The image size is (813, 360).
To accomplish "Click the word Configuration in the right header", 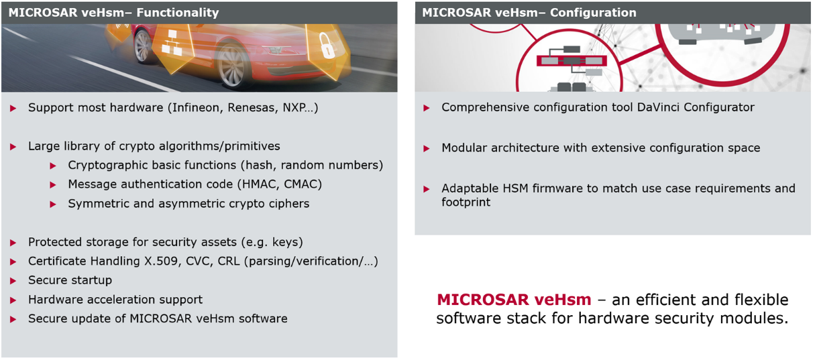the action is point(593,13).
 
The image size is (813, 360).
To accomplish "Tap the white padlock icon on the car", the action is point(327,46).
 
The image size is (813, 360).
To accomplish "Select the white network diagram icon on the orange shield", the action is point(171,43).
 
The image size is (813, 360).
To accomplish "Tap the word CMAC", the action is point(300,184).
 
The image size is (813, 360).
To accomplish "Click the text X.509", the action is point(162,261).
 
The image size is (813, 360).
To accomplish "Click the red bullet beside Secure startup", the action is point(13,281).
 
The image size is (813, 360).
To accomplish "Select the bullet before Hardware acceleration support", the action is point(13,300).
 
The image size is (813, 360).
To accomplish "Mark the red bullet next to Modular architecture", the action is point(427,148).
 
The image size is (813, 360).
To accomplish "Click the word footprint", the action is point(466,202).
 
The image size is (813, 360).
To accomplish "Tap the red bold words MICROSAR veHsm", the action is point(514,300).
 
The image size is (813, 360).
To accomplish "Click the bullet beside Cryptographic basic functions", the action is point(53,166).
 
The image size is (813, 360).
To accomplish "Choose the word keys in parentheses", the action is point(286,243).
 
